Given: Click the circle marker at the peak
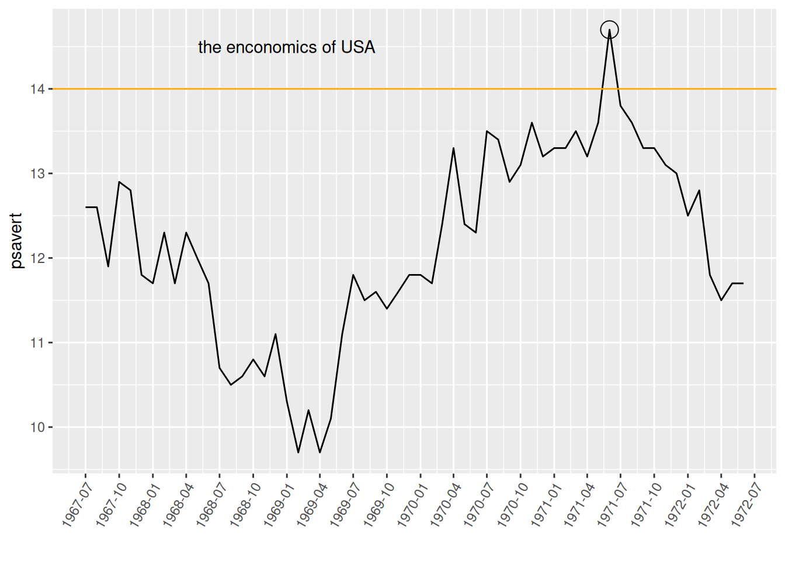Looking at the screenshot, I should pos(609,30).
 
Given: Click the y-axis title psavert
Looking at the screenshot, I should pos(16,241).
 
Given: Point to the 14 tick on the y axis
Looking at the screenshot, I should pos(38,89).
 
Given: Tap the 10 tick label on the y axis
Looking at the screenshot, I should pos(38,427).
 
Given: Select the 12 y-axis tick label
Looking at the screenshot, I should pos(38,258).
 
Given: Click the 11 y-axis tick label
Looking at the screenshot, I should pos(38,342).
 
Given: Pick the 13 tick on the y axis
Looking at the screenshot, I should pos(38,174).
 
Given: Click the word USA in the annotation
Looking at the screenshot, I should pos(358,47).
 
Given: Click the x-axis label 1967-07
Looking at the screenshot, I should pos(77,504).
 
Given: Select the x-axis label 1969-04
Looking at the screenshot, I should pos(312,504).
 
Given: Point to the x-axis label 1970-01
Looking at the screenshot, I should pos(412,504).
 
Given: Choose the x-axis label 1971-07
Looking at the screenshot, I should pos(613,504).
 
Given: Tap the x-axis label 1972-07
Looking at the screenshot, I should pos(746,504).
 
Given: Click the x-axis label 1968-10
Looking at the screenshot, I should pos(245,504).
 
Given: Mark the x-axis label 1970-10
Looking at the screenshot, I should pos(512,504).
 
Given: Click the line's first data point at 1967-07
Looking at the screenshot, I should pos(86,207).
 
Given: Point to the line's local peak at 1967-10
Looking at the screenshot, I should pos(119,182).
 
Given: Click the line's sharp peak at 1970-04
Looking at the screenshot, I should pos(454,148).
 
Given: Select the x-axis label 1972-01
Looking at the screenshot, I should pos(680,504).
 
